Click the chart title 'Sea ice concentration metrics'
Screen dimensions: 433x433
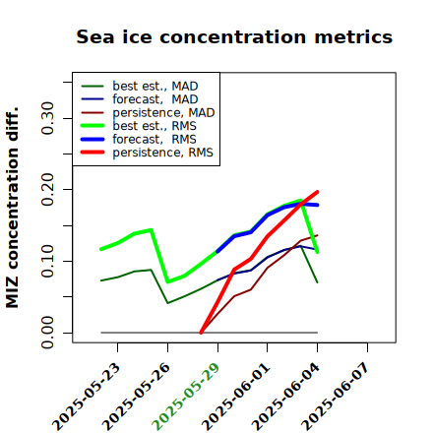point(234,36)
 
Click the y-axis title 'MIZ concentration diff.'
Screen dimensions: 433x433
point(13,208)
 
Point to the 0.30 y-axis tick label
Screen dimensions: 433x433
point(48,118)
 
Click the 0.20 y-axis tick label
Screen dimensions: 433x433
point(48,189)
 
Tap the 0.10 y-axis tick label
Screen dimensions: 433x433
point(48,261)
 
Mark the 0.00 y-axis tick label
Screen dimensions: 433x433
point(48,333)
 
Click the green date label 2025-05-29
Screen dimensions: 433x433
point(185,397)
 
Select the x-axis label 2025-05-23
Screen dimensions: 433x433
point(86,397)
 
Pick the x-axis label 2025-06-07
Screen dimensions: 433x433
point(336,397)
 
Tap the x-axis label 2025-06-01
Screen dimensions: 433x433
point(235,397)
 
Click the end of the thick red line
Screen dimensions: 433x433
point(318,192)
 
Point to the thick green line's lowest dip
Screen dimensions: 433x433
point(168,281)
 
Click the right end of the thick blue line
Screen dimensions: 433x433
point(318,205)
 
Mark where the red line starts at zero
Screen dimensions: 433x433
point(201,333)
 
